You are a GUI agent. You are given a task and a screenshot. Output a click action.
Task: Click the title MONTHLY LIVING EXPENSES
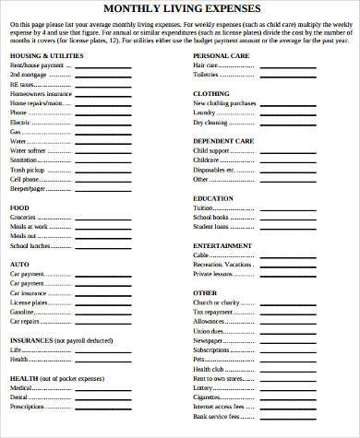(179, 10)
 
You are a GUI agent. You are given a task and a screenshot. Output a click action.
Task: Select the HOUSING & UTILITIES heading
(44, 56)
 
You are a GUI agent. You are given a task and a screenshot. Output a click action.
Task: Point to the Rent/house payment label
(38, 66)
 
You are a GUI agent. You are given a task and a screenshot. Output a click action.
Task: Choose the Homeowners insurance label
(41, 94)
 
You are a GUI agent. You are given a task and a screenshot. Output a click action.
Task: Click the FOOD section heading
(19, 207)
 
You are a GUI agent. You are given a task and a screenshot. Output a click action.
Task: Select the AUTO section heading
(19, 264)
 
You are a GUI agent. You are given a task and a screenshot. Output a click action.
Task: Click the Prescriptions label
(28, 407)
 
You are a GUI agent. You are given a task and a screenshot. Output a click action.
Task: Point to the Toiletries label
(207, 76)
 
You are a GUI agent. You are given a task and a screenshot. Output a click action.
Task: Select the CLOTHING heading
(210, 94)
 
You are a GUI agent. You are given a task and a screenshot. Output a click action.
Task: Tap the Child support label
(211, 151)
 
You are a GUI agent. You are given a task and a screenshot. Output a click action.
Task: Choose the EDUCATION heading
(213, 198)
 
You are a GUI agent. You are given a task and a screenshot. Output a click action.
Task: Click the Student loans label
(211, 226)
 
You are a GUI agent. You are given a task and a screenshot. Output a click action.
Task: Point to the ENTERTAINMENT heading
(222, 245)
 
